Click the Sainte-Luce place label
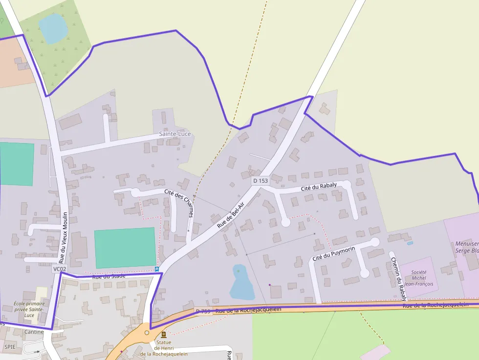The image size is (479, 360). [175, 134]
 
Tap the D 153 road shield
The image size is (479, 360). [261, 181]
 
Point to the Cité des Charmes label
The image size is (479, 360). [179, 203]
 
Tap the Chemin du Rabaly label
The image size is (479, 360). [398, 276]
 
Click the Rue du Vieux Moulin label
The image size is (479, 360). [64, 238]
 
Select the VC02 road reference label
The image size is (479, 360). [59, 269]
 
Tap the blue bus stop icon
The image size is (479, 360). [156, 269]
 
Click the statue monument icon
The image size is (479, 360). [163, 335]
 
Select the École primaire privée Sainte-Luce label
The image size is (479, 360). [29, 309]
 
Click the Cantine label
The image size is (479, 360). [34, 332]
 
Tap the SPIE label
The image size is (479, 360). [10, 346]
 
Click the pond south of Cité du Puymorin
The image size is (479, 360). [241, 284]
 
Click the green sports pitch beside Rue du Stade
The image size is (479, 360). [125, 248]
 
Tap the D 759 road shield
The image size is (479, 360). [203, 311]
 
